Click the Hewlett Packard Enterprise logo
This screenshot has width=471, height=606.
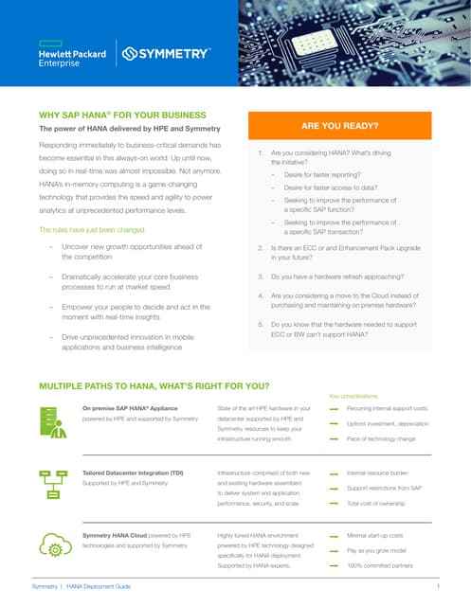72,54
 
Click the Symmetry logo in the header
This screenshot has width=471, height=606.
165,54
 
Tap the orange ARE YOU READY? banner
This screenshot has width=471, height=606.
339,125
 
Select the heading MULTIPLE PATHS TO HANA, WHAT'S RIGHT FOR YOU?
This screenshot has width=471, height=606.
153,386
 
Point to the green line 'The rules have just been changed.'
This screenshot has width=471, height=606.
90,229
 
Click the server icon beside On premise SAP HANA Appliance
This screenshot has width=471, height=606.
52,421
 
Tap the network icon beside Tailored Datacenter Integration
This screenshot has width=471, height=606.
52,483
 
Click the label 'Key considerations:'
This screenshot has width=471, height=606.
353,396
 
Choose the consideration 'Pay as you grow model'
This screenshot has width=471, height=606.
375,549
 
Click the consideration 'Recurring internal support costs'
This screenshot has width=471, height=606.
387,408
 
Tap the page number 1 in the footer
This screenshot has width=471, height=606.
438,587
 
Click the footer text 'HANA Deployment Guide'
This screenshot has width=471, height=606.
99,587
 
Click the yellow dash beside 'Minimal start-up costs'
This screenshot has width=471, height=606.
334,536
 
